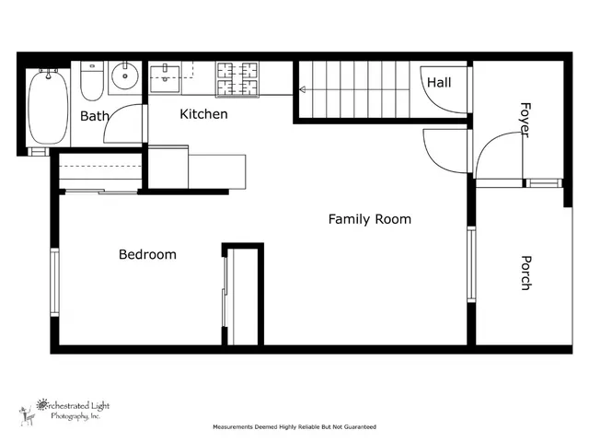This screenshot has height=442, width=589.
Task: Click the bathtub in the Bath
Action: [42, 109]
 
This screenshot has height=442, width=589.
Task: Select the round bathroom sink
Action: [124, 76]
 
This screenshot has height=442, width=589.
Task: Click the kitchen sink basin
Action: [167, 78]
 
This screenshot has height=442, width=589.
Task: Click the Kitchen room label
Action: [203, 114]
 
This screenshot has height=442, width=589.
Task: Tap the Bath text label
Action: [95, 116]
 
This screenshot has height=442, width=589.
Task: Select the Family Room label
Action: [370, 219]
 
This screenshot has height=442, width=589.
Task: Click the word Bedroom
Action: [147, 254]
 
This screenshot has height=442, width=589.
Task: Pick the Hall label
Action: [439, 83]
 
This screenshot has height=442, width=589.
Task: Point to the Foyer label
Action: [525, 120]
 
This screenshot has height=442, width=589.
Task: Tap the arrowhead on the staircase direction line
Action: [301, 89]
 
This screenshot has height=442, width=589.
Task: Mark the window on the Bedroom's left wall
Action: [54, 282]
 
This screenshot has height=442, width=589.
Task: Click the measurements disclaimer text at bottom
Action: [294, 427]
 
